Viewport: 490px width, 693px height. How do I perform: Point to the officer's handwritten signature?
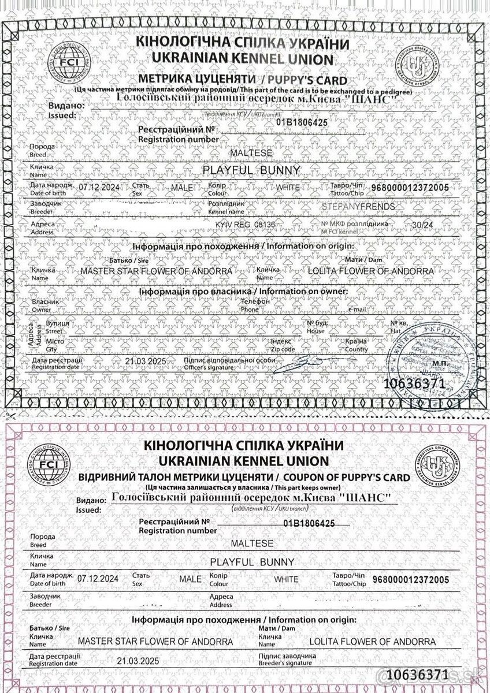tap(307, 362)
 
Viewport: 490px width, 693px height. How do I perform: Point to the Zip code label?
tap(283, 349)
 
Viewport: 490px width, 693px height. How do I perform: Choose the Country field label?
tap(356, 349)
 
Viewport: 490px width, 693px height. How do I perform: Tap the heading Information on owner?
tap(304, 292)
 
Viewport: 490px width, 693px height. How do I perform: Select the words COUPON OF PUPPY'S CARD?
tap(346, 478)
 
